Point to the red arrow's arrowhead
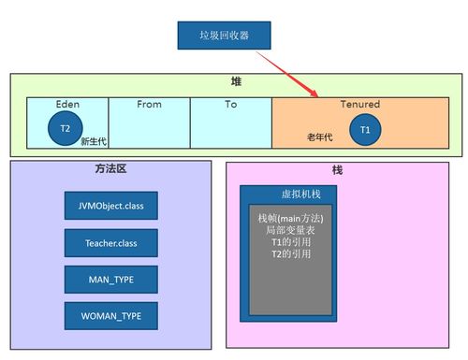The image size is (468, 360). (x=316, y=94)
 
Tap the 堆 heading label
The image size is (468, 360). (x=237, y=82)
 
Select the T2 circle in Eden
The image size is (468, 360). (x=65, y=129)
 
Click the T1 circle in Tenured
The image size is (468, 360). (x=365, y=129)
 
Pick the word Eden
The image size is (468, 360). (x=67, y=104)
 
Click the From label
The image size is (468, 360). (x=149, y=104)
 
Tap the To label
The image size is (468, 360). (x=230, y=104)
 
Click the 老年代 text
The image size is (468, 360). (x=320, y=137)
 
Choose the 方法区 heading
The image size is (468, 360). (x=110, y=170)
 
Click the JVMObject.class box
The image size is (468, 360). (x=110, y=204)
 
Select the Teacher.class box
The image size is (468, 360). (x=110, y=242)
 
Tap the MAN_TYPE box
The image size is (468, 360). (x=110, y=279)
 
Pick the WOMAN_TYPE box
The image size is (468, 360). (x=110, y=315)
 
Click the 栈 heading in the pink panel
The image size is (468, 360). (x=338, y=171)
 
